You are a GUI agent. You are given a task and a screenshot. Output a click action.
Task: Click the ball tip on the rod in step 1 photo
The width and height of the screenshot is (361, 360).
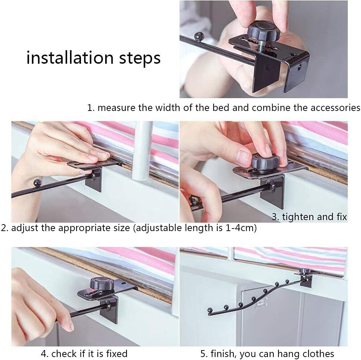(x=199, y=36)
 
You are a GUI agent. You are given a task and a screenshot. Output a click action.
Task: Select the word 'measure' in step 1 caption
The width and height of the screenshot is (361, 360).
(x=116, y=108)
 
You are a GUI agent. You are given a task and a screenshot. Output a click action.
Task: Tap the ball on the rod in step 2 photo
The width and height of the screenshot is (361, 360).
(x=37, y=183)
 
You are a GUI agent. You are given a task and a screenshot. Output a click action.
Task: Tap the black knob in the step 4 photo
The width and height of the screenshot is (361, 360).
(x=102, y=283)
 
